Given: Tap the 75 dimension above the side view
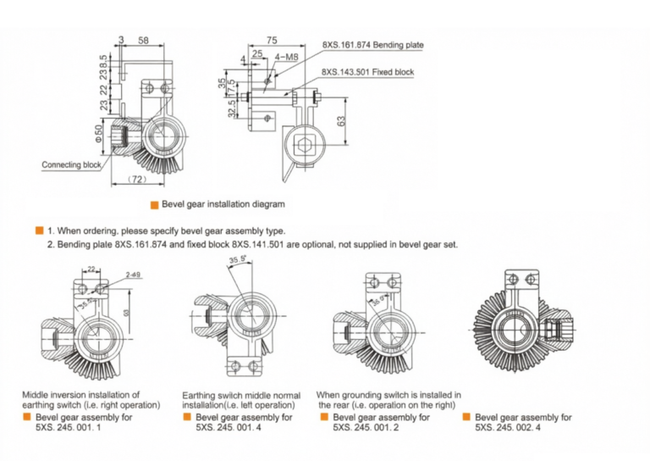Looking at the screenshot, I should coord(271,40).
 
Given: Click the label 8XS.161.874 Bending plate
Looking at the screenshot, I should coord(372,45).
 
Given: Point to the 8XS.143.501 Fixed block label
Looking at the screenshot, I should coord(367,73).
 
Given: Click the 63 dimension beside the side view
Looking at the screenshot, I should coord(341,120).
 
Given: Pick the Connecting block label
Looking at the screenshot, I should coord(71,165).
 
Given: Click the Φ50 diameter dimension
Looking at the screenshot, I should coord(98,133).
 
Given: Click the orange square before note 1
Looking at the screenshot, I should coord(39,230).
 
